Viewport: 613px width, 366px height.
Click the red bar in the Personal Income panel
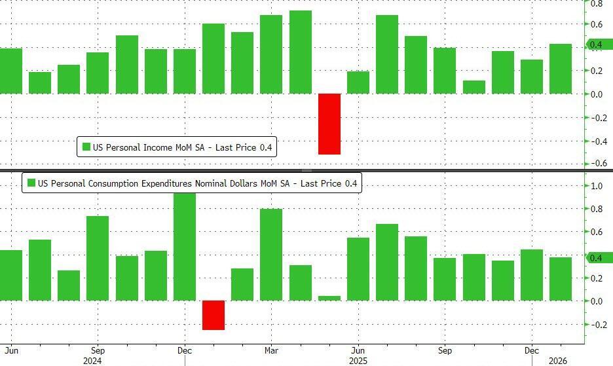(x=329, y=124)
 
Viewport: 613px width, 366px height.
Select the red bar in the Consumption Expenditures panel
(x=214, y=315)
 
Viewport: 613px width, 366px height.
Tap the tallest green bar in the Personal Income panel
(x=300, y=52)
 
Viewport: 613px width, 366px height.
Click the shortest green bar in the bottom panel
(x=329, y=298)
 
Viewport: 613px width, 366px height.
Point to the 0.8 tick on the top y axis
(x=597, y=3)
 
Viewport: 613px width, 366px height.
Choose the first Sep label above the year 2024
(x=97, y=350)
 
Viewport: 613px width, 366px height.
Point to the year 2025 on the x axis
(x=358, y=360)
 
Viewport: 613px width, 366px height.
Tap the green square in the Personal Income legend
(x=86, y=148)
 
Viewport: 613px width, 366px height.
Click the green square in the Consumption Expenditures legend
(x=30, y=183)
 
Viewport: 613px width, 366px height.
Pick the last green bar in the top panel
(x=561, y=69)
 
